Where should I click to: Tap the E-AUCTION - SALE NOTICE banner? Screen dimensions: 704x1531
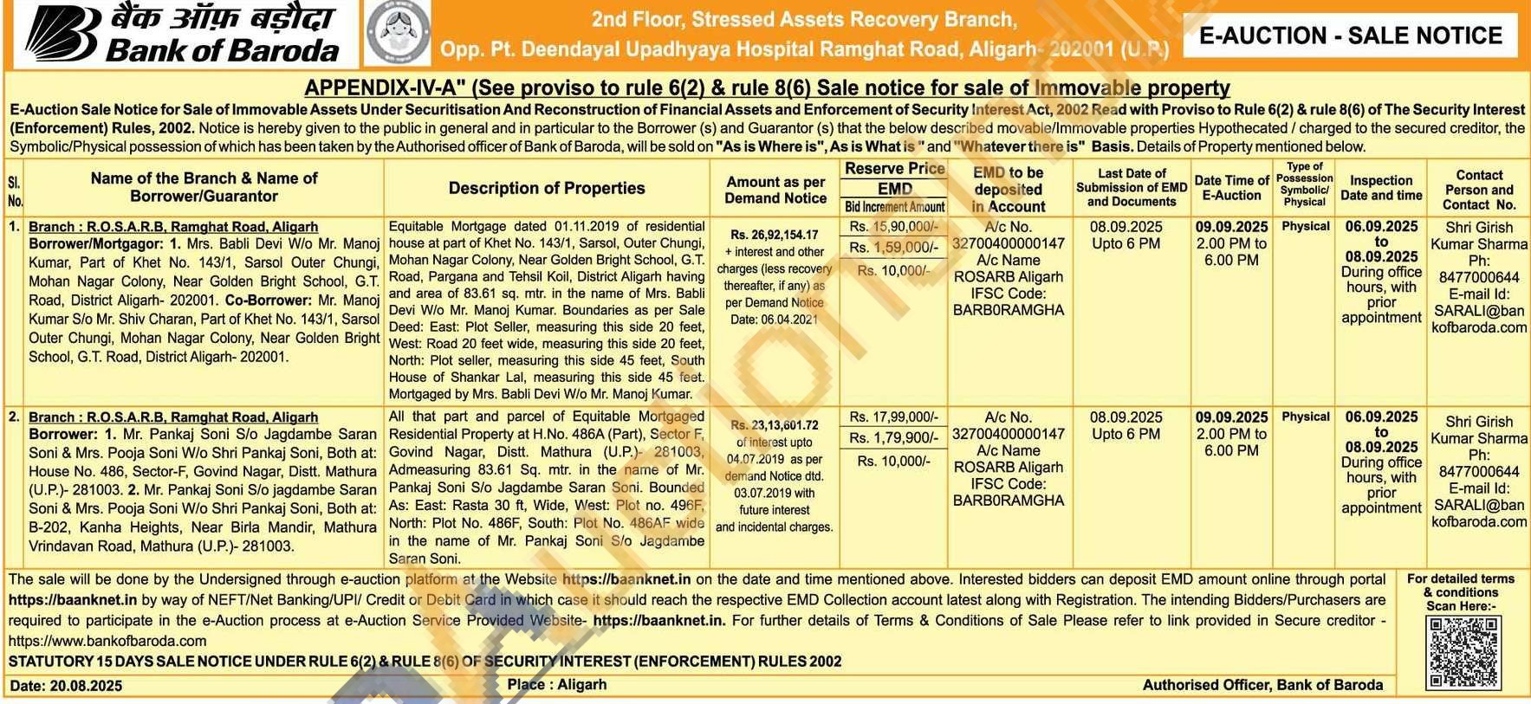[x=1350, y=36]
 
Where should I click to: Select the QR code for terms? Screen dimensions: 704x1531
[x=1463, y=652]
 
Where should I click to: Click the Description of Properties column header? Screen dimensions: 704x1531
[x=546, y=188]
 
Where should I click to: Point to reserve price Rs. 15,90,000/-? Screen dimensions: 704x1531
[x=893, y=227]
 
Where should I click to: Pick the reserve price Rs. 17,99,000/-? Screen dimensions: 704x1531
[x=893, y=417]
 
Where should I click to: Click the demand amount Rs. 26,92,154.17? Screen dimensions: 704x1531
[x=774, y=235]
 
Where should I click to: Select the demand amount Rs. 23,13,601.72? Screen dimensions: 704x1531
[x=774, y=425]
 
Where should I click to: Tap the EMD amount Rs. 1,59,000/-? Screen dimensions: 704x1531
[x=893, y=248]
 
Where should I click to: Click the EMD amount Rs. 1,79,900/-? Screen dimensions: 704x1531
[x=893, y=438]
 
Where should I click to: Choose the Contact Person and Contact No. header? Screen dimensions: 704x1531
[x=1478, y=190]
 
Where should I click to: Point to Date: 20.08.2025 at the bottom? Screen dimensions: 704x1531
[x=66, y=686]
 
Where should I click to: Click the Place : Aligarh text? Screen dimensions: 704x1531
[x=557, y=684]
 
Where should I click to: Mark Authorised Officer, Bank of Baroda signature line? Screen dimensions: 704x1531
[x=1262, y=685]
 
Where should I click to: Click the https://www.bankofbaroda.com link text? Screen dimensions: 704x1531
[x=107, y=641]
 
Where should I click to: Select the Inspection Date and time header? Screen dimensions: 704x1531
[x=1381, y=188]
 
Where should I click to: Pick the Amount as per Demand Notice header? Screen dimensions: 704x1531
[x=775, y=190]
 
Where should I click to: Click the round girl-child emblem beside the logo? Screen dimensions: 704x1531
[x=397, y=35]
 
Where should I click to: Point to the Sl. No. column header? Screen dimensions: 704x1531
[x=15, y=191]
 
